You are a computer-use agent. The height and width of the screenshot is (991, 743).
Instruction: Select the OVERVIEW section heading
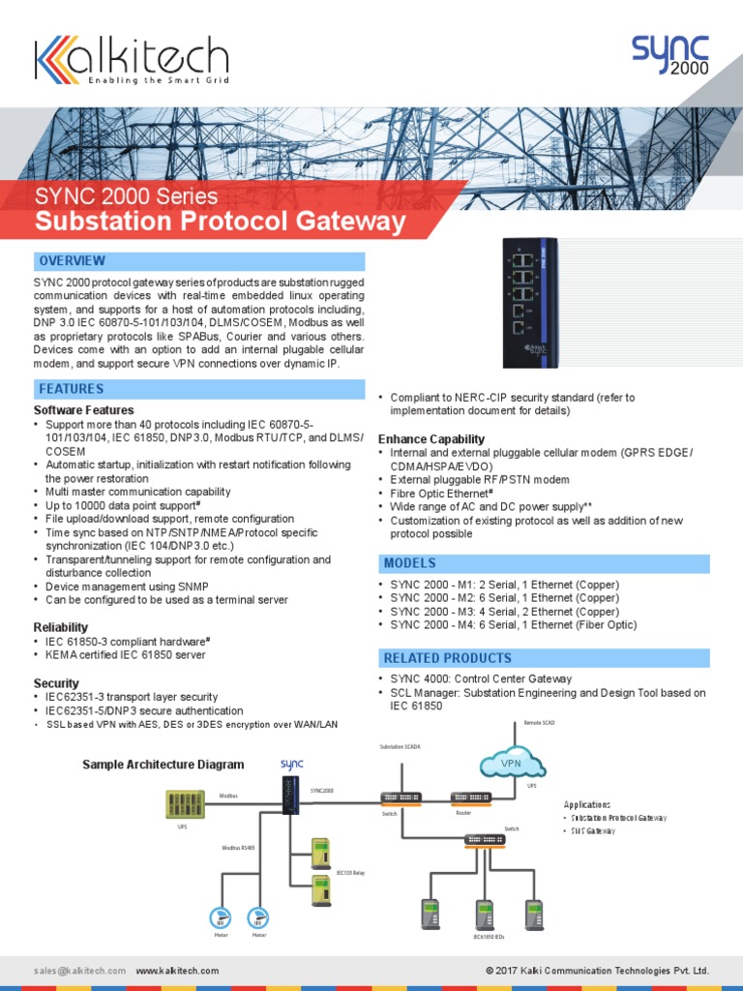pyautogui.click(x=72, y=261)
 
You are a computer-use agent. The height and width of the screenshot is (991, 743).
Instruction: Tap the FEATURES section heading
pyautogui.click(x=71, y=389)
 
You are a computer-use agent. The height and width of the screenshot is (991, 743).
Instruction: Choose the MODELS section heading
pyautogui.click(x=410, y=563)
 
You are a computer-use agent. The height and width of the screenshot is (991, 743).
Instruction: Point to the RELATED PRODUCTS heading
pyautogui.click(x=448, y=658)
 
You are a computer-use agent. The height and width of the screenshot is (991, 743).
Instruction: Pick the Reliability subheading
pyautogui.click(x=60, y=628)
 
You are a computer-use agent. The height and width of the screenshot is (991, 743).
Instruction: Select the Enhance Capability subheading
pyautogui.click(x=431, y=439)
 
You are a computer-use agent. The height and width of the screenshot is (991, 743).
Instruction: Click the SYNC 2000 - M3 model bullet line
pyautogui.click(x=504, y=612)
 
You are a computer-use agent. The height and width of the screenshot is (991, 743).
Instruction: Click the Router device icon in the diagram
pyautogui.click(x=471, y=797)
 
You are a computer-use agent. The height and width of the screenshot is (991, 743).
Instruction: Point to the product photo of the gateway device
pyautogui.click(x=530, y=301)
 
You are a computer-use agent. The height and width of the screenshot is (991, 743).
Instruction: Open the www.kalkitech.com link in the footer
pyautogui.click(x=177, y=970)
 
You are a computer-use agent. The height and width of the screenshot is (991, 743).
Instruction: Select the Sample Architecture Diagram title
pyautogui.click(x=163, y=765)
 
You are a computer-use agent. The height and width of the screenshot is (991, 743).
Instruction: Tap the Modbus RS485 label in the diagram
pyautogui.click(x=238, y=847)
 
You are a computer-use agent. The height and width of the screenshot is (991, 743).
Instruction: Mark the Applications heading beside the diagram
pyautogui.click(x=587, y=804)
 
